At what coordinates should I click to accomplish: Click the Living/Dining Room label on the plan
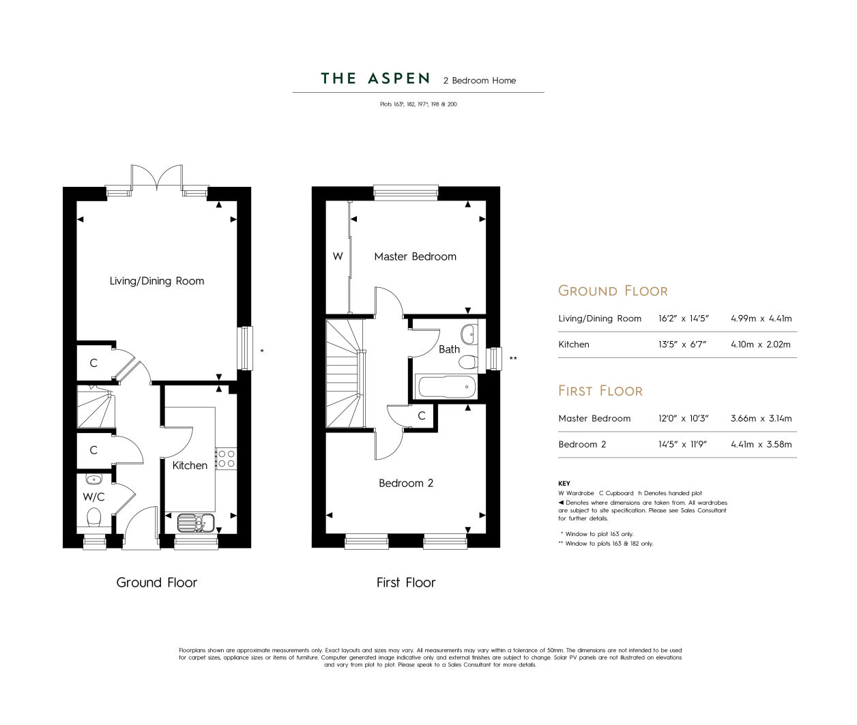157,281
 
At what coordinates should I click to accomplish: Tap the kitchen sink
196,522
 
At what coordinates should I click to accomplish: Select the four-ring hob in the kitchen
226,459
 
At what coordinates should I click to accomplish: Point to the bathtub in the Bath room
446,387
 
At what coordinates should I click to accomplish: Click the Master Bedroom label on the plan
415,256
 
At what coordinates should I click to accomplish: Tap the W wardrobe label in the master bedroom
338,256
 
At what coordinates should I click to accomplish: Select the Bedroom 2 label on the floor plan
406,483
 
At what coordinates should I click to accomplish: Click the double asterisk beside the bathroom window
513,358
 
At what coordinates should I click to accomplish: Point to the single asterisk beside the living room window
262,351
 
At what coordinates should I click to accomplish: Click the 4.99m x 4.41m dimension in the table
761,319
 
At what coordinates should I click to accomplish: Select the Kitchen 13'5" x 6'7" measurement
682,344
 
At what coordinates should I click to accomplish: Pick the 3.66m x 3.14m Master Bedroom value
761,418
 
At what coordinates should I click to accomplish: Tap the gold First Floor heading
600,391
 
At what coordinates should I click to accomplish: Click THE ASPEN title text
375,78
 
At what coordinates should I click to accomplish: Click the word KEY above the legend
564,484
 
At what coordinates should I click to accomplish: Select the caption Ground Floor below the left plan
157,582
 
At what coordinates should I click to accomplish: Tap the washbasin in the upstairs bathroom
469,334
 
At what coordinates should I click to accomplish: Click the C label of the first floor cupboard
422,416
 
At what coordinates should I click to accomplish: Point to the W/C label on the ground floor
93,497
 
